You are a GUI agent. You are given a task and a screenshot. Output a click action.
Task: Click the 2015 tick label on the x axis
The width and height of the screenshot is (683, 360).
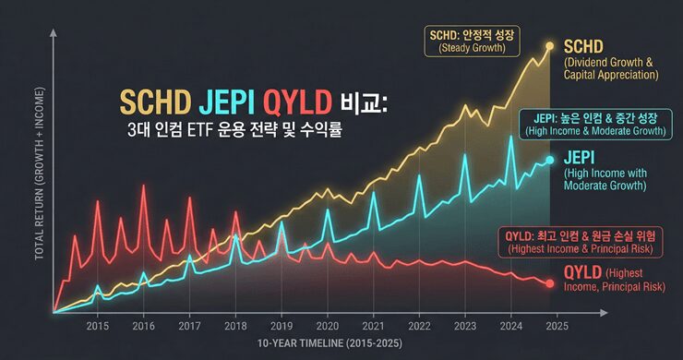(98, 326)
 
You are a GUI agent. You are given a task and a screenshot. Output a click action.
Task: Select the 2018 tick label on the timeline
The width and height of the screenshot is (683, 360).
(235, 326)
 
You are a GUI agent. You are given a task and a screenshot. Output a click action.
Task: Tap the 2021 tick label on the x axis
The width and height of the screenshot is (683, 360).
(373, 326)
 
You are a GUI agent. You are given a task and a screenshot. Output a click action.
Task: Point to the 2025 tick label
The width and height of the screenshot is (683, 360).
(555, 326)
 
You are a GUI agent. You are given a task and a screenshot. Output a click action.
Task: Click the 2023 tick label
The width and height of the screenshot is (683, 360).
(464, 326)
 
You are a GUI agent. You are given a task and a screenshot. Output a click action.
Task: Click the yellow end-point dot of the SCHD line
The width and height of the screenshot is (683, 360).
(550, 45)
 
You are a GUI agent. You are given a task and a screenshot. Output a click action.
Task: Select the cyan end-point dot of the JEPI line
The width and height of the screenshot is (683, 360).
(550, 160)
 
